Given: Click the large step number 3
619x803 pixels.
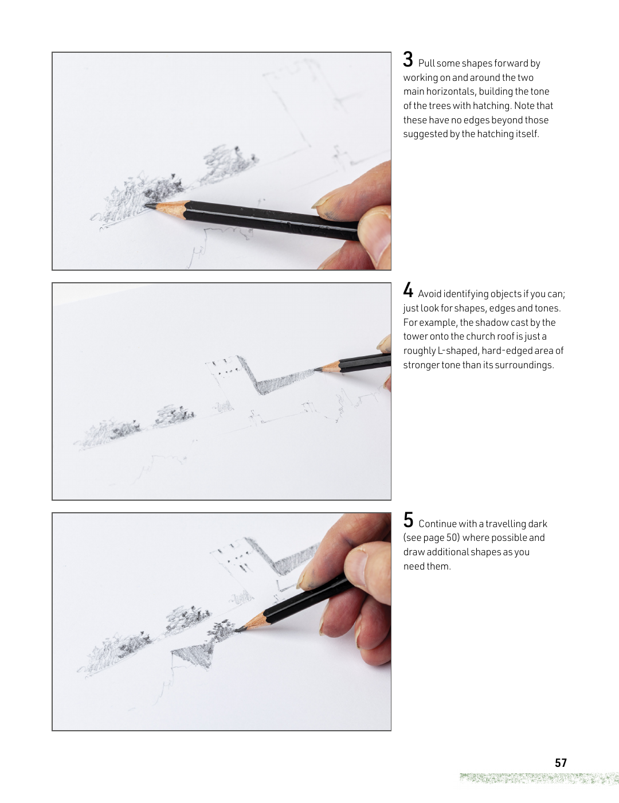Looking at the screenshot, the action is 408,60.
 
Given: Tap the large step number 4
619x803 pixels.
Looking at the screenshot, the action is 408,290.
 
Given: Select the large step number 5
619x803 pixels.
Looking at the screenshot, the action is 408,520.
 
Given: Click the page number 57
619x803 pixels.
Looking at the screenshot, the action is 561,763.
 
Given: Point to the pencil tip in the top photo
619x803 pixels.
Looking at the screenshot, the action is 147,204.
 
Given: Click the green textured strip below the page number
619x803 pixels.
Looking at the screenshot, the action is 539,778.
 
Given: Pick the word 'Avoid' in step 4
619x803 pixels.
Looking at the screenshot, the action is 429,294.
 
